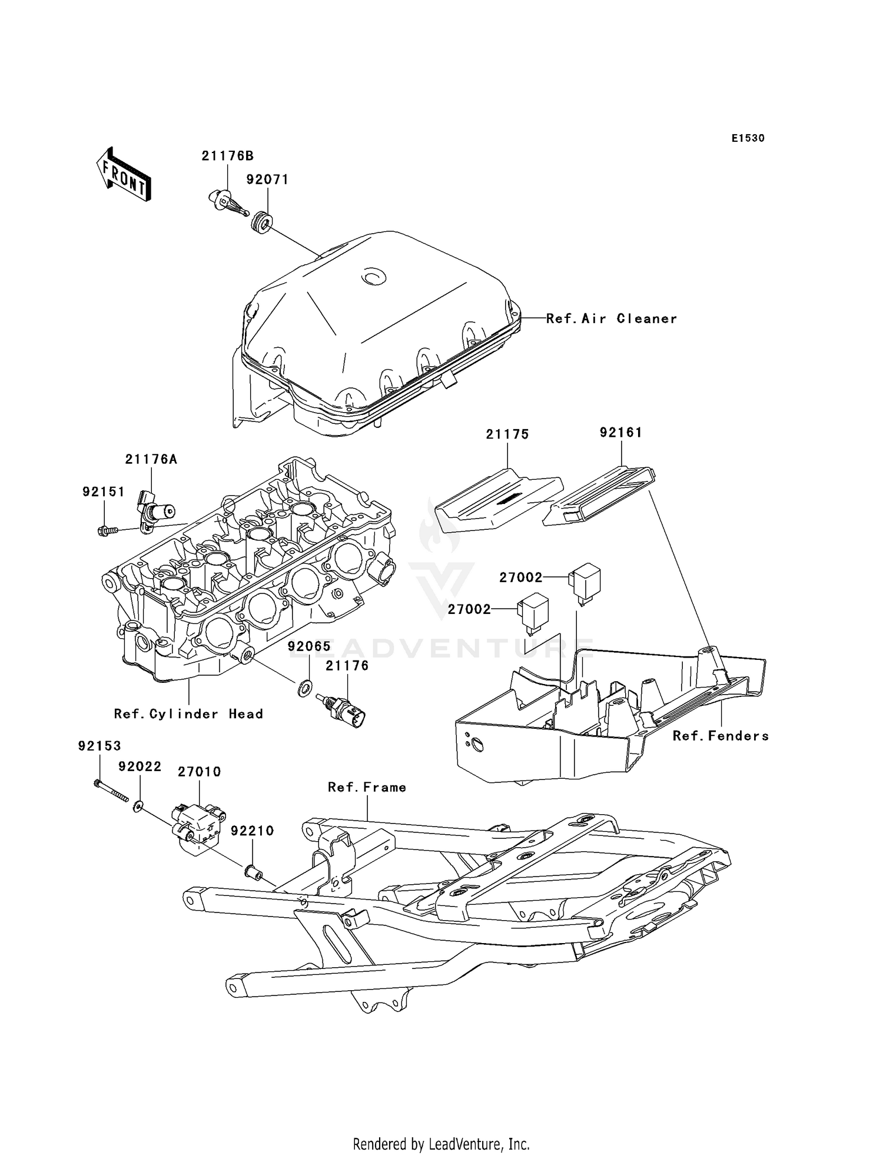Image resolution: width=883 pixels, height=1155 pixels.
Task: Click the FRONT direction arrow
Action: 124,175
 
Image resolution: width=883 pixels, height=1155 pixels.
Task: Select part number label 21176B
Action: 227,156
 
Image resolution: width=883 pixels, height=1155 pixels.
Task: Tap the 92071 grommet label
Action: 267,180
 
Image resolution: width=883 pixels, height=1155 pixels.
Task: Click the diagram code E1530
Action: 748,138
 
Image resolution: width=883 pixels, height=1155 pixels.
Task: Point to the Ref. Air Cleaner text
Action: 611,318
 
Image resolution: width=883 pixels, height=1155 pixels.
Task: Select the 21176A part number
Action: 151,459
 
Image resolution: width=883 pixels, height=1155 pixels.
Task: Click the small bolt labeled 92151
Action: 107,530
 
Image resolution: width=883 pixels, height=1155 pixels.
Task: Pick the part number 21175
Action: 507,434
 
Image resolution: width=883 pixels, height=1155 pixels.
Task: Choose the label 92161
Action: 621,432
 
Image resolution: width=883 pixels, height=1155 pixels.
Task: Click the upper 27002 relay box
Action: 585,579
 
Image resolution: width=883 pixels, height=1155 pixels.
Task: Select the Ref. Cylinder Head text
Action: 188,714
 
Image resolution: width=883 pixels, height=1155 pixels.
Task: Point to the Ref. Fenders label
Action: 721,736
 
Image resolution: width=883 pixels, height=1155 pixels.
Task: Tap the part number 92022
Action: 140,766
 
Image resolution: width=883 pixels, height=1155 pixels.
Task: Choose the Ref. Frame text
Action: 367,787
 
